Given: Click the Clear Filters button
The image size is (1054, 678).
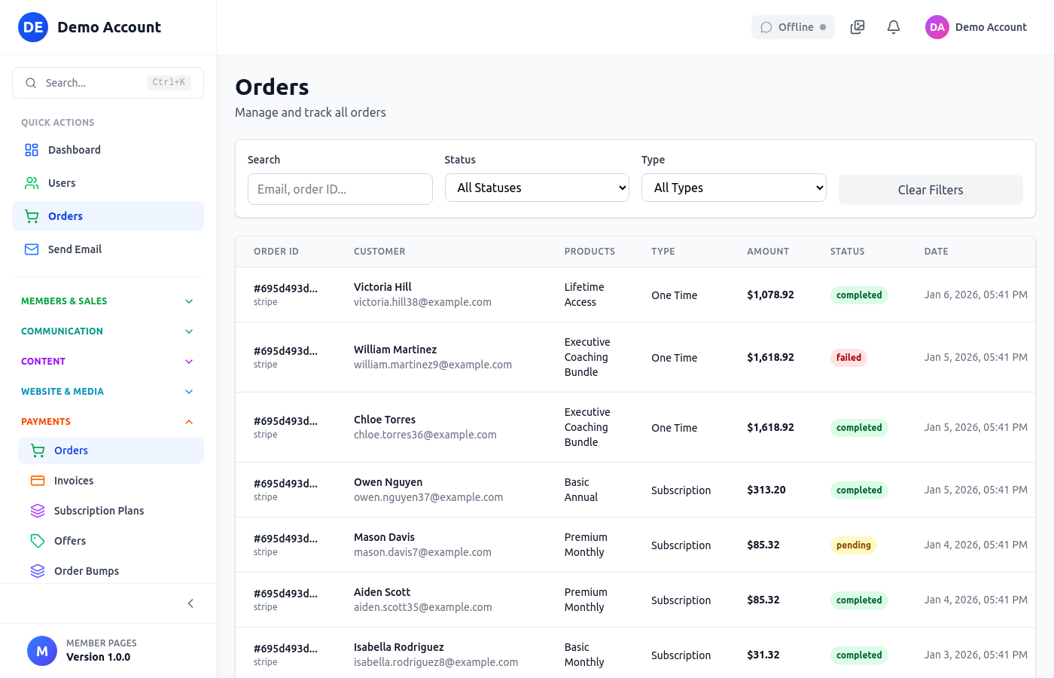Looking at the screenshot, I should (930, 190).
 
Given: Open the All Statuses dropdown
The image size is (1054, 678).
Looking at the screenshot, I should (537, 188).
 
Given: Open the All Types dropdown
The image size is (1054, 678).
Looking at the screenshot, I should (733, 188).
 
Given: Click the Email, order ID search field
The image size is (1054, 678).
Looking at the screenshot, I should (340, 189).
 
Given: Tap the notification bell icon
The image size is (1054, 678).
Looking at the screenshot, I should (894, 27).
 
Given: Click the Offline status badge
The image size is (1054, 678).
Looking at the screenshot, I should (793, 27).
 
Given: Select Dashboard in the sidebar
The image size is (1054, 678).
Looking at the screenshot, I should (74, 150).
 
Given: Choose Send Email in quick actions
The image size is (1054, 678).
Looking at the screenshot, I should (75, 249).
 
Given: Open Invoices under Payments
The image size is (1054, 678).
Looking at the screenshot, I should (74, 481).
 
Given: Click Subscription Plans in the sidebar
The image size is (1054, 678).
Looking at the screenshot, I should (99, 511).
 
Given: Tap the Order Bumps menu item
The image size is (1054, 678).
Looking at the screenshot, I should (87, 571).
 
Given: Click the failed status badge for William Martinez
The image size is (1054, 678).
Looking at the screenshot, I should (848, 358).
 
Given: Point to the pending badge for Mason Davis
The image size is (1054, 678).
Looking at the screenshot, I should (853, 545).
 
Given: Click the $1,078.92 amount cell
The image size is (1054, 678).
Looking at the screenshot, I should (770, 295).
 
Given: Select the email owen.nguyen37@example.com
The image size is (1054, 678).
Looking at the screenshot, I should (428, 497).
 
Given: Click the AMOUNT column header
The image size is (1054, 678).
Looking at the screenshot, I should (768, 252).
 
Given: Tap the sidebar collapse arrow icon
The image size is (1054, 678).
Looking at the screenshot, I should (190, 603).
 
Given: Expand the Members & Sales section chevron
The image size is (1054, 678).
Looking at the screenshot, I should (189, 301).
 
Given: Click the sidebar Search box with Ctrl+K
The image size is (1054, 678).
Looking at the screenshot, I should (108, 83).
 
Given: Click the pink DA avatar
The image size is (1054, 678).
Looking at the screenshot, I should (937, 27).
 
